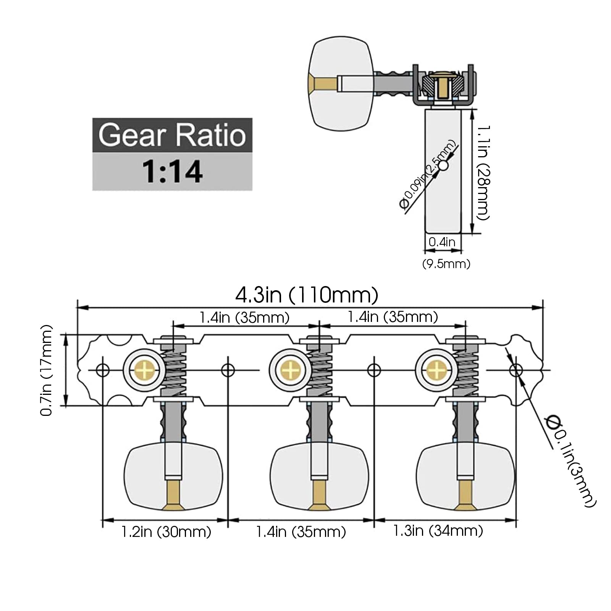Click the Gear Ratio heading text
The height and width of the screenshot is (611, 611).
(x=172, y=135)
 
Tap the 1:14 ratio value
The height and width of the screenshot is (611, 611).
(x=172, y=171)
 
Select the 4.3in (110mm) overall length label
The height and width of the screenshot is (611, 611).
(x=307, y=295)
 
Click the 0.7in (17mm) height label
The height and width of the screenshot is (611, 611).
(x=47, y=370)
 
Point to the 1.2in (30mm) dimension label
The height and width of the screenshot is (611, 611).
(x=166, y=532)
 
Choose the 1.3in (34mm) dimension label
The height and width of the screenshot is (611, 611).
(x=438, y=531)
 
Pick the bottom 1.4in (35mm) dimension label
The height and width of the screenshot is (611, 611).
(x=301, y=532)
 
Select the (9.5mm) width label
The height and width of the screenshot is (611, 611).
(x=446, y=263)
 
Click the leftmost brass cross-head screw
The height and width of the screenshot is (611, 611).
(x=144, y=370)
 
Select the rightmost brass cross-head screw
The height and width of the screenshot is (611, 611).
(x=436, y=370)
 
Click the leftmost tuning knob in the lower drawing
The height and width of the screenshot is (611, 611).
(x=173, y=477)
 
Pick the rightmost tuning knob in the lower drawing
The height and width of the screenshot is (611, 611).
(x=465, y=477)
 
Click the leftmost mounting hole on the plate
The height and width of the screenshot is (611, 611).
(x=103, y=370)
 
